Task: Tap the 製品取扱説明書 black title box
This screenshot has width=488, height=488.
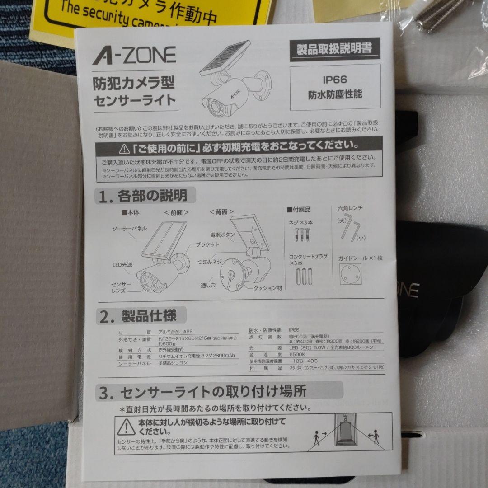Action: [334, 49]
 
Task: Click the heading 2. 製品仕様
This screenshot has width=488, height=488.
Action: [138, 314]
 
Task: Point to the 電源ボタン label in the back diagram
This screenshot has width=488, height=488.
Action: [222, 235]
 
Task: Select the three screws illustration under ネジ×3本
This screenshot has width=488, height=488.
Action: [302, 234]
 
